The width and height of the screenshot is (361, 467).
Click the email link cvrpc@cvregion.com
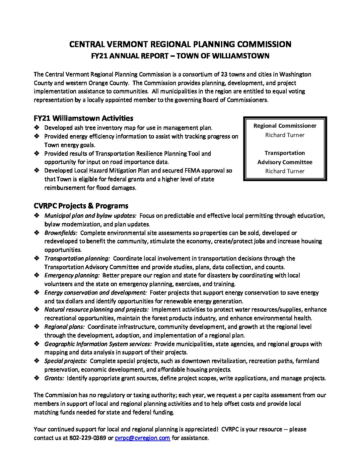point(142,438)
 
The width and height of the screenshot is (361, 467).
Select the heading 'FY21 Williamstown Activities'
point(83,118)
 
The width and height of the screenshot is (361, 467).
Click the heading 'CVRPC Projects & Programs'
point(81,206)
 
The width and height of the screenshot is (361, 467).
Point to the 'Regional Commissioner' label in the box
point(285,126)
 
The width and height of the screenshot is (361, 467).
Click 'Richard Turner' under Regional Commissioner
point(285,135)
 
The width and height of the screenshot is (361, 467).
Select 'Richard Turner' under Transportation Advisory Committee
point(285,171)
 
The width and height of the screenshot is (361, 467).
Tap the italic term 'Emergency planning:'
point(72,275)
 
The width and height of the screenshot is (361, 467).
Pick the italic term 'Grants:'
point(54,378)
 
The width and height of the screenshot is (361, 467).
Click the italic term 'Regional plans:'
point(64,327)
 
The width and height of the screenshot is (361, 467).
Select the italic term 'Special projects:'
point(65,361)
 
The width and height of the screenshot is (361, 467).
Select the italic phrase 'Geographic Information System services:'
point(98,344)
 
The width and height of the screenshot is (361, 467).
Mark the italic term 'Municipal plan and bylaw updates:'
point(90,216)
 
